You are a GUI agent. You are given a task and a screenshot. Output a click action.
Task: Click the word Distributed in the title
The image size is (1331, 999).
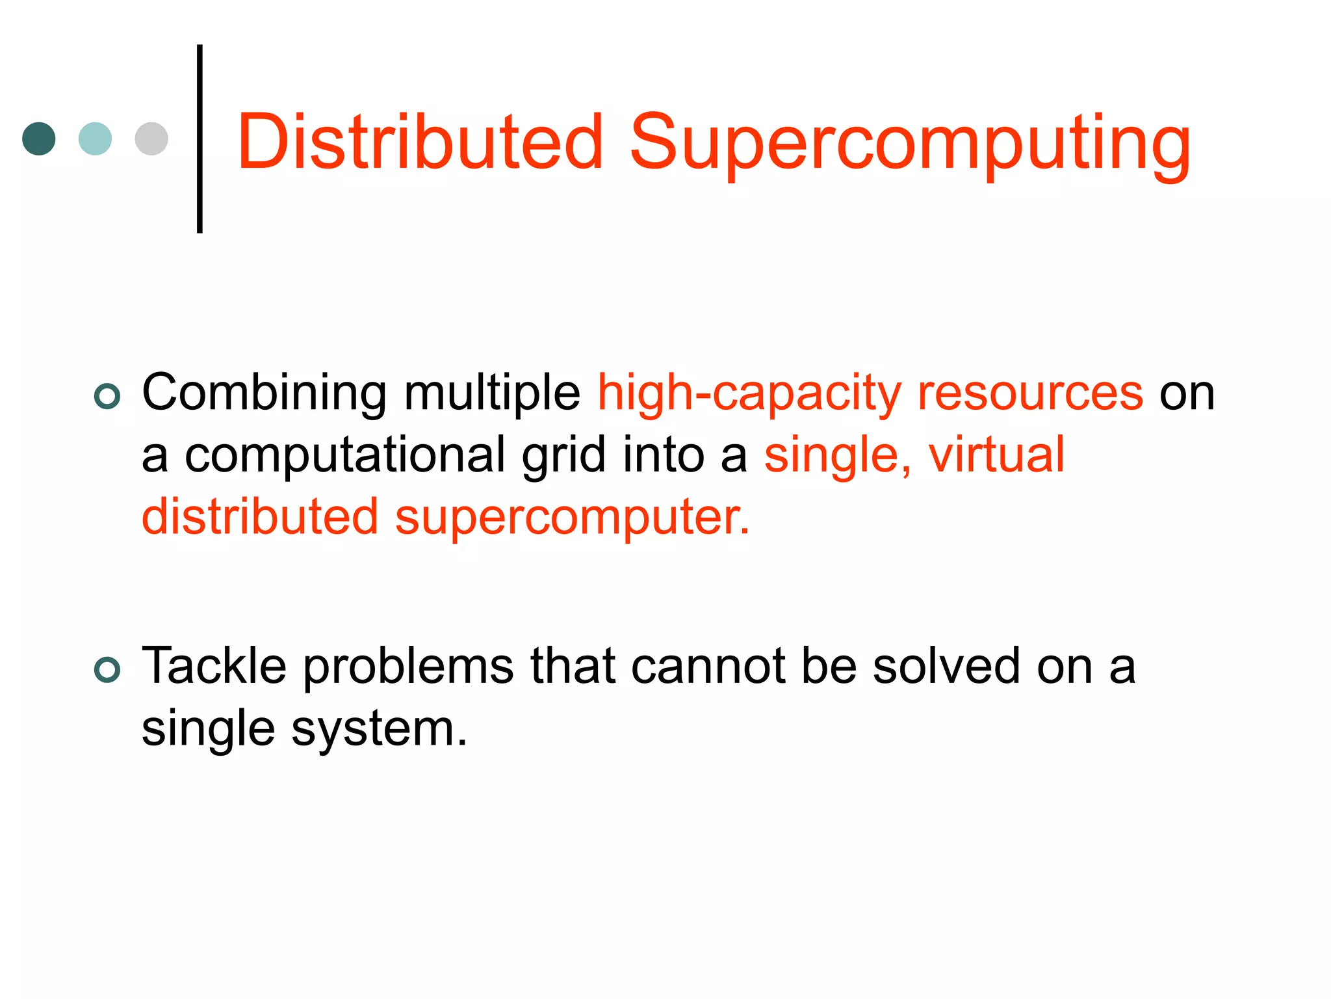(420, 142)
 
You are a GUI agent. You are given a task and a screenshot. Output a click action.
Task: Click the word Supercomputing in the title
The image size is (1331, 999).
(910, 144)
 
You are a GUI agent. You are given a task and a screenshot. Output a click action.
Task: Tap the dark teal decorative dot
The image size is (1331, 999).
(39, 139)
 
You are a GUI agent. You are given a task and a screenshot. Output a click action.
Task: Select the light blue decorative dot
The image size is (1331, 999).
(95, 139)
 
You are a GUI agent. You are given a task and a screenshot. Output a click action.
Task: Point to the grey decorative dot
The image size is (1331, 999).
(151, 139)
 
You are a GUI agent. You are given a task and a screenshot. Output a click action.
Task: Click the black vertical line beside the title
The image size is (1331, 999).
(200, 139)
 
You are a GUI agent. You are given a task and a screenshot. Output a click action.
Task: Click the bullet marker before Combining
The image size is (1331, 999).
(107, 396)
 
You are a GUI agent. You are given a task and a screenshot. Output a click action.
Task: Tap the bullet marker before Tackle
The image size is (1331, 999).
(107, 670)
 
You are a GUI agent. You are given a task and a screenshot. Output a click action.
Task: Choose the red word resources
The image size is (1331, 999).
(1030, 393)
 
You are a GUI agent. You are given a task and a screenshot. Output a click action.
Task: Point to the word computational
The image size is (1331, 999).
(344, 455)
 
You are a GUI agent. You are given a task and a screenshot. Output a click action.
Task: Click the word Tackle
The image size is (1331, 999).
(214, 666)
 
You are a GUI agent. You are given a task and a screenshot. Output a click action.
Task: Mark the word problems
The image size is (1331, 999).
(408, 667)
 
